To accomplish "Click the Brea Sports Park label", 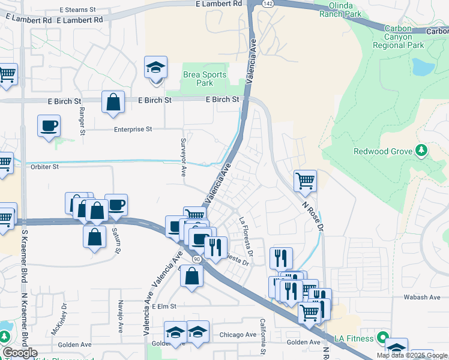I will [x=205, y=79].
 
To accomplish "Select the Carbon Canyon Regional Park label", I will [x=399, y=37].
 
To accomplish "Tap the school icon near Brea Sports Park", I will [x=155, y=67].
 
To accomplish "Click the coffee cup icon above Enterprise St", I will [x=49, y=126].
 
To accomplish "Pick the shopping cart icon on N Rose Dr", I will [x=305, y=179].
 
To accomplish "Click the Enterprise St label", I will [x=133, y=129].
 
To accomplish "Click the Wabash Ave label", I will [x=427, y=297].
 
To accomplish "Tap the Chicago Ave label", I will [x=238, y=335].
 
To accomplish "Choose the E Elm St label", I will [x=164, y=306].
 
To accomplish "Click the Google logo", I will [x=20, y=353].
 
